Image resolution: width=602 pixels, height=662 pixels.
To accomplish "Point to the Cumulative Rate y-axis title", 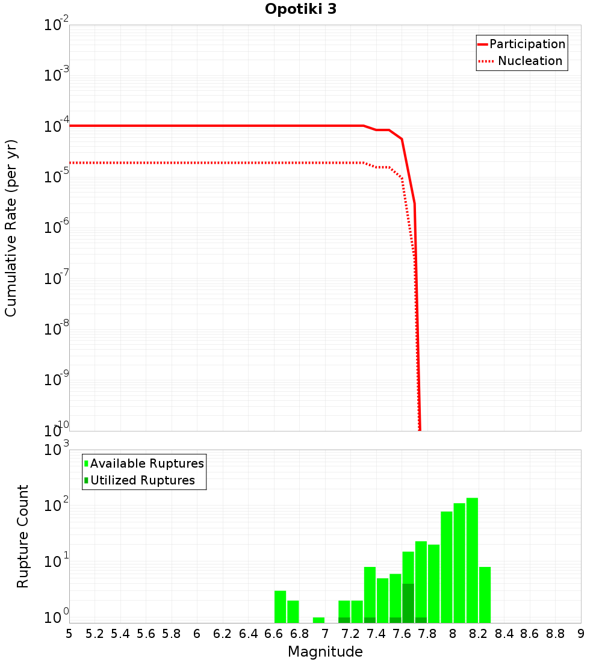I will click(x=11, y=228).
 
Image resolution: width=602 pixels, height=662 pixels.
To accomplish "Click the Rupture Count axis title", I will click(x=23, y=536).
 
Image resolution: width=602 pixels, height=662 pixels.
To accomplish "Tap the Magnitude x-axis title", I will click(x=325, y=652).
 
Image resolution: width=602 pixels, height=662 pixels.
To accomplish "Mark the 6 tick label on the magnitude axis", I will click(x=197, y=634).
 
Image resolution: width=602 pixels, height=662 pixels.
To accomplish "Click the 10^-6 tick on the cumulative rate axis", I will click(x=56, y=228).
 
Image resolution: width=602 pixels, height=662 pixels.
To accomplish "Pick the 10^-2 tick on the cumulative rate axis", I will click(x=56, y=26).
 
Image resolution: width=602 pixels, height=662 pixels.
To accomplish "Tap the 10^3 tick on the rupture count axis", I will click(x=56, y=451).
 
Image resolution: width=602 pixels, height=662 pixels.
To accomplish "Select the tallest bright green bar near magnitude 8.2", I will click(x=472, y=560).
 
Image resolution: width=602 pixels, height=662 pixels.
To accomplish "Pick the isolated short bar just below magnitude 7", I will click(x=318, y=620).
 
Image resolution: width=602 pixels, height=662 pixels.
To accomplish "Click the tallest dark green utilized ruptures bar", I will click(x=408, y=603).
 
